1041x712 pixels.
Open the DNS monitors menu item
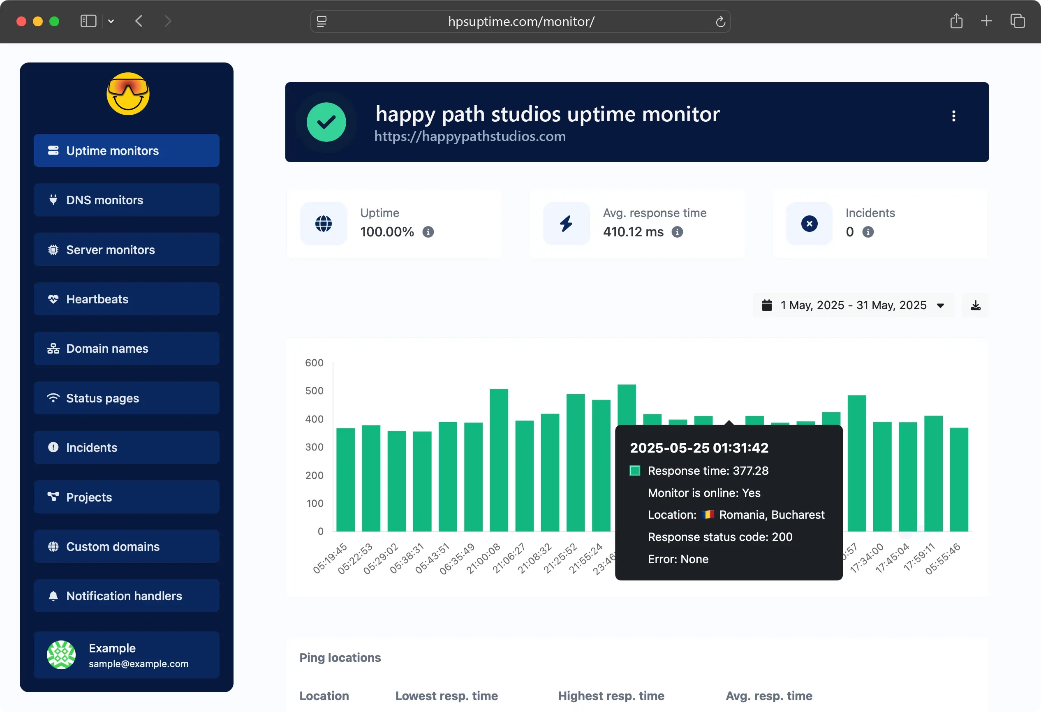click(126, 200)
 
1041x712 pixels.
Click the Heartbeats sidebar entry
click(126, 299)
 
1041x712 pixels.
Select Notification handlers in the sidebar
click(126, 596)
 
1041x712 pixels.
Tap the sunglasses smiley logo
click(128, 94)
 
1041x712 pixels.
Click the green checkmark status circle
click(326, 122)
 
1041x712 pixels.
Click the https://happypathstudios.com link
click(470, 136)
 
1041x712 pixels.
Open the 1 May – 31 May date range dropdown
click(853, 305)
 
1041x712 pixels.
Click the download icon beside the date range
click(975, 305)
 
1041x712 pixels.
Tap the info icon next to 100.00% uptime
click(428, 232)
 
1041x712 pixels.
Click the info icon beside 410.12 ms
click(677, 232)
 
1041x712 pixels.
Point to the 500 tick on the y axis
click(314, 391)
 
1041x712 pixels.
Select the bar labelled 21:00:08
click(499, 461)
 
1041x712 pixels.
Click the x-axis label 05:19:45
click(330, 558)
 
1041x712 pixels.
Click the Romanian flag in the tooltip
click(708, 515)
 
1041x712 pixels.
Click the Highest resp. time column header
click(611, 696)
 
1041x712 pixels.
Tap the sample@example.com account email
click(139, 663)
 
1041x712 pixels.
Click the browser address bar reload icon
click(720, 21)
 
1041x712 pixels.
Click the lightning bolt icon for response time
click(566, 224)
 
